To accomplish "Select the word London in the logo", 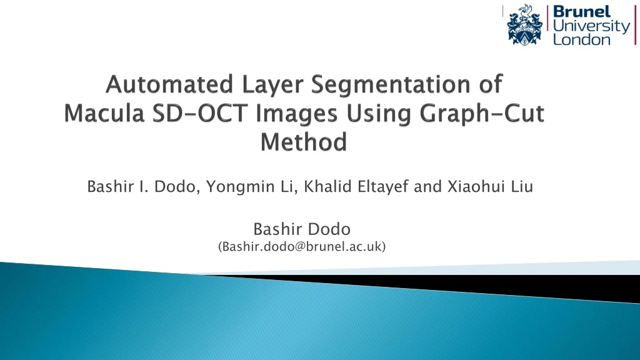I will [x=582, y=39].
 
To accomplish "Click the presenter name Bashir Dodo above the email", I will [x=302, y=231].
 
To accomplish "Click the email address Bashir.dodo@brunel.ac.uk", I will [x=302, y=247].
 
